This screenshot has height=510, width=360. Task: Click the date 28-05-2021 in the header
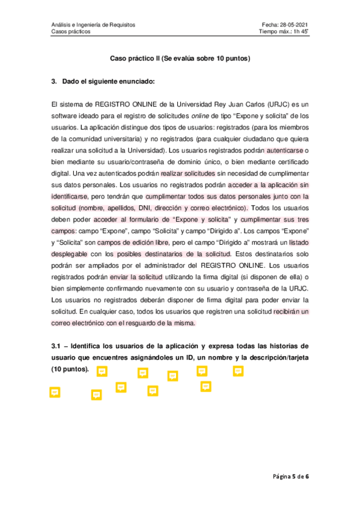click(295, 25)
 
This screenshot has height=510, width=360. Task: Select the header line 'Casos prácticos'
click(71, 32)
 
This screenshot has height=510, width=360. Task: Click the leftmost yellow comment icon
click(55, 392)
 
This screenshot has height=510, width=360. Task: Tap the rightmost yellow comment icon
click(237, 371)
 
